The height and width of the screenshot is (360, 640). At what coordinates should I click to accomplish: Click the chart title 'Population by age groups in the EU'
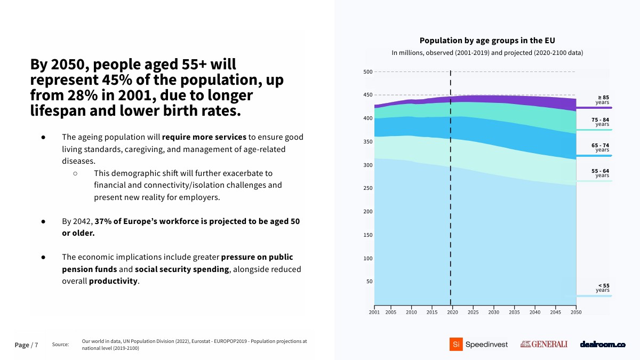487,41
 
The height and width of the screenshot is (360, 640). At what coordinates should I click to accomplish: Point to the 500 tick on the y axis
368,71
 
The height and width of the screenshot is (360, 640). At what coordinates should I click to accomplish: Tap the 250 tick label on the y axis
368,188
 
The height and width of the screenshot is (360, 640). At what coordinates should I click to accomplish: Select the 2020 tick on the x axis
452,312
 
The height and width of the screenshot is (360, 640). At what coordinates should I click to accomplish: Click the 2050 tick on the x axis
576,312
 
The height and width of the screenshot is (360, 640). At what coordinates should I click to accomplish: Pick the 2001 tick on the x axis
374,312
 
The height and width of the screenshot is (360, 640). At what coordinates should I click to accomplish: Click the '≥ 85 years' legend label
602,100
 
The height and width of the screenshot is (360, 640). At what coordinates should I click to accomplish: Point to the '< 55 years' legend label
603,288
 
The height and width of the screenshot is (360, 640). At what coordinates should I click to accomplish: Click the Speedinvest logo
478,345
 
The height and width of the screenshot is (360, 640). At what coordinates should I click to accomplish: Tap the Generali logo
543,345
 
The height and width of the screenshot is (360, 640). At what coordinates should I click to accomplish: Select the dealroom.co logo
602,345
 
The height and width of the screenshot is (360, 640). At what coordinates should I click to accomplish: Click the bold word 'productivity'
113,281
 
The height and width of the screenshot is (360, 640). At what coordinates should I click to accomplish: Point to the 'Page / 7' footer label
26,345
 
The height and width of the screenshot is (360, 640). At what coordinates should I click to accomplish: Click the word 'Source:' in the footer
61,345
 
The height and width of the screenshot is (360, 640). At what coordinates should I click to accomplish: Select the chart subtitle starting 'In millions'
487,53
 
